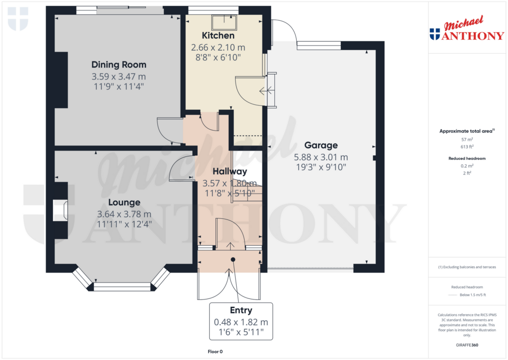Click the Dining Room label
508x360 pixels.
click(119, 65)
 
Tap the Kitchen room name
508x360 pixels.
click(218, 36)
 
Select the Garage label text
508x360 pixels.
click(321, 145)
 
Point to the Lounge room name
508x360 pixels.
click(124, 203)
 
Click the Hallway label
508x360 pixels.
click(230, 171)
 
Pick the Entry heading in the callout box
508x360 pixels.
click(241, 311)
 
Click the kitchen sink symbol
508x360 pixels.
click(224, 22)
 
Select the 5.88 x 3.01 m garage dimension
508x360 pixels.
click(321, 157)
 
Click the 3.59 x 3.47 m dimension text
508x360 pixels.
click(119, 77)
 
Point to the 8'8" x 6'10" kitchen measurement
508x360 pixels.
click(218, 58)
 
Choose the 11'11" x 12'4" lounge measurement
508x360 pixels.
click(124, 224)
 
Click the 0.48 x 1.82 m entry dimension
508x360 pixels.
click(241, 322)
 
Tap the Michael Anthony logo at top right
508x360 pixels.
click(466, 29)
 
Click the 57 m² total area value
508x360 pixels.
click(466, 140)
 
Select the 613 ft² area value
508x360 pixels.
click(466, 147)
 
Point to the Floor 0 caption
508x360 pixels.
click(215, 352)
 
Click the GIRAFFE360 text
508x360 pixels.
click(466, 345)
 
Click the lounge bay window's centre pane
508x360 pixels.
click(122, 287)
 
